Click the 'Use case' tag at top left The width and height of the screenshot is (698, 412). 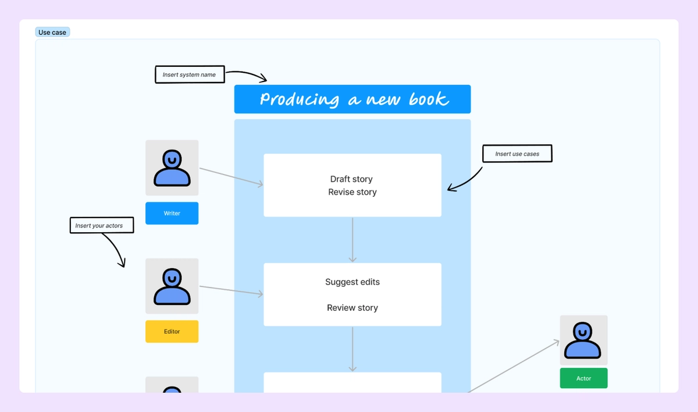pyautogui.click(x=52, y=33)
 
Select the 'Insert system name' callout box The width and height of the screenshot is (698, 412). pyautogui.click(x=189, y=74)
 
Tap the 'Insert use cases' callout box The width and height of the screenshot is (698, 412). pyautogui.click(x=517, y=154)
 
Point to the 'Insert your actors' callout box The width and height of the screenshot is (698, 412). pyautogui.click(x=101, y=225)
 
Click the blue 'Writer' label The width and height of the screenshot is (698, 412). pyautogui.click(x=172, y=213)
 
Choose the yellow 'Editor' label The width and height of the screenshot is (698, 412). pyautogui.click(x=172, y=331)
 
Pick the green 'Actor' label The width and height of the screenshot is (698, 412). pyautogui.click(x=583, y=378)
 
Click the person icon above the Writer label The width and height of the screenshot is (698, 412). pyautogui.click(x=172, y=168)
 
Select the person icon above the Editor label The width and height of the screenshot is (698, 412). pyautogui.click(x=172, y=286)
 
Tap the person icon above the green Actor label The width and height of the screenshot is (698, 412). pyautogui.click(x=583, y=340)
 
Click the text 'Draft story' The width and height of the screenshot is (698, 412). pyautogui.click(x=351, y=179)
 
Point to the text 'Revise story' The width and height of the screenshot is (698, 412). pyautogui.click(x=352, y=192)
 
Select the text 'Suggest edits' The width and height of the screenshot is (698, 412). pyautogui.click(x=352, y=282)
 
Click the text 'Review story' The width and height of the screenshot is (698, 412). pyautogui.click(x=352, y=308)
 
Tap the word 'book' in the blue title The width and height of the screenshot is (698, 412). pyautogui.click(x=428, y=99)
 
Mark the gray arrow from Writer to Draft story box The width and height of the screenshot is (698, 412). pyautogui.click(x=231, y=177)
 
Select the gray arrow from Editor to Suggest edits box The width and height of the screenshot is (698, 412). pyautogui.click(x=231, y=290)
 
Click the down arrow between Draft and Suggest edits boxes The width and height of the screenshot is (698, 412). pyautogui.click(x=352, y=239)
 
